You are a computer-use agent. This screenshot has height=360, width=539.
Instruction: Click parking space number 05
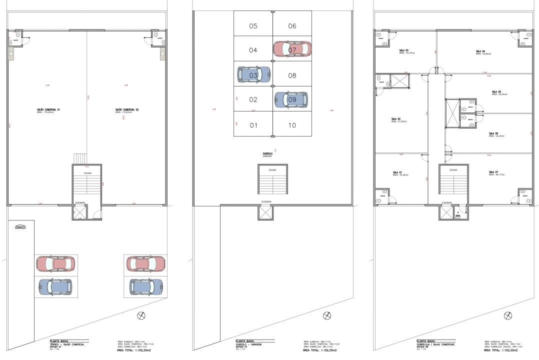tap(253, 26)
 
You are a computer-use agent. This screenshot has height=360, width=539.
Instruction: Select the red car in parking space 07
tap(292, 49)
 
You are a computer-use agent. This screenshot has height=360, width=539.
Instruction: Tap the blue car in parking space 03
tap(253, 74)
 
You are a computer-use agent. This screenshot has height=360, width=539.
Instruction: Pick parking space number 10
tap(292, 125)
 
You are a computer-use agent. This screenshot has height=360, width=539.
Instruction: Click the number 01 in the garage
tap(253, 125)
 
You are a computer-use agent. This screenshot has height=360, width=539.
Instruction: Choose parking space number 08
tap(292, 75)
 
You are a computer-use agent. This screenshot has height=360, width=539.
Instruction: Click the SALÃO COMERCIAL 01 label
tap(48, 109)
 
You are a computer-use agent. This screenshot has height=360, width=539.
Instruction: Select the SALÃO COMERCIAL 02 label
tap(126, 109)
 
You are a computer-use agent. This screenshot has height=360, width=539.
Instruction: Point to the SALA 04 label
tap(480, 51)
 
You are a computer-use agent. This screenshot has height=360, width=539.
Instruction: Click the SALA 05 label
tap(496, 92)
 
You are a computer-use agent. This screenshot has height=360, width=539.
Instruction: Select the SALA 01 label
tap(397, 172)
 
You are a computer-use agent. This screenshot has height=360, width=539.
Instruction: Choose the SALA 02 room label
tap(396, 119)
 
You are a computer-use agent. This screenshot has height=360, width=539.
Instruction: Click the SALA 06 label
tap(493, 133)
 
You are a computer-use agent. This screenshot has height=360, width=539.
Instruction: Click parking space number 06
tap(292, 26)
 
